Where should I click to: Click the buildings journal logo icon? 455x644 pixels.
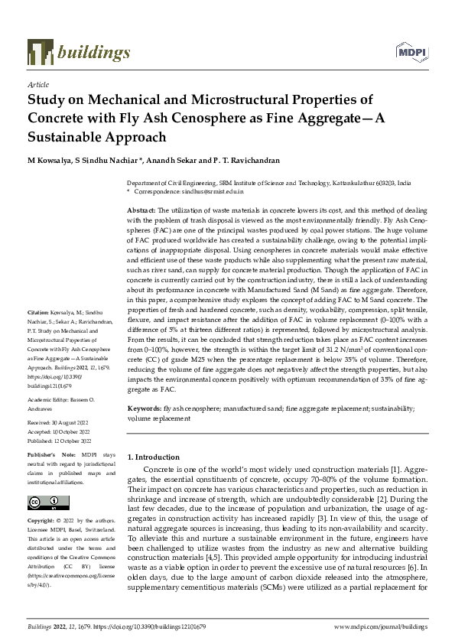click(39, 50)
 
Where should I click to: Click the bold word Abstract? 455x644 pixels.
click(141, 210)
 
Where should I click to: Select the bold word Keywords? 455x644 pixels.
click(144, 410)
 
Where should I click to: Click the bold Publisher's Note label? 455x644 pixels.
click(50, 454)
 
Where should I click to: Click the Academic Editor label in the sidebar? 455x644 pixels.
click(48, 399)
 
